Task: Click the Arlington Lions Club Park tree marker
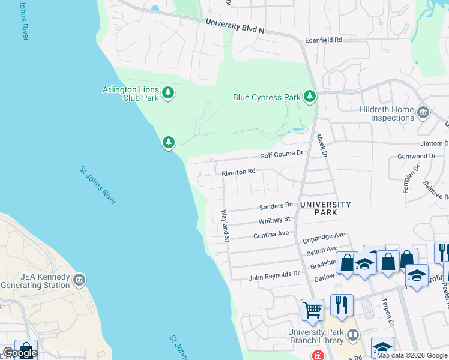(169, 93)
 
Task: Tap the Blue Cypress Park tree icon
(310, 97)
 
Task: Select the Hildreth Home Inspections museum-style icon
(423, 112)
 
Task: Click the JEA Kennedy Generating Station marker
(79, 280)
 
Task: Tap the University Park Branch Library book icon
(354, 334)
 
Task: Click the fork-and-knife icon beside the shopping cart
(342, 305)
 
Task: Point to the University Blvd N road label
(235, 26)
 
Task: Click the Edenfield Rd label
(324, 40)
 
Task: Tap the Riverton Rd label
(238, 172)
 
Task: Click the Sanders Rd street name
(276, 206)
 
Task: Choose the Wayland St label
(225, 226)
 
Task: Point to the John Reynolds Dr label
(274, 275)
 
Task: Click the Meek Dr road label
(321, 146)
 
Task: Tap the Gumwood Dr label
(416, 157)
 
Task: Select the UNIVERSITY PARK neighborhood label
(325, 208)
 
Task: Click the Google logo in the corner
(20, 353)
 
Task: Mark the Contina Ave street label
(271, 235)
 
